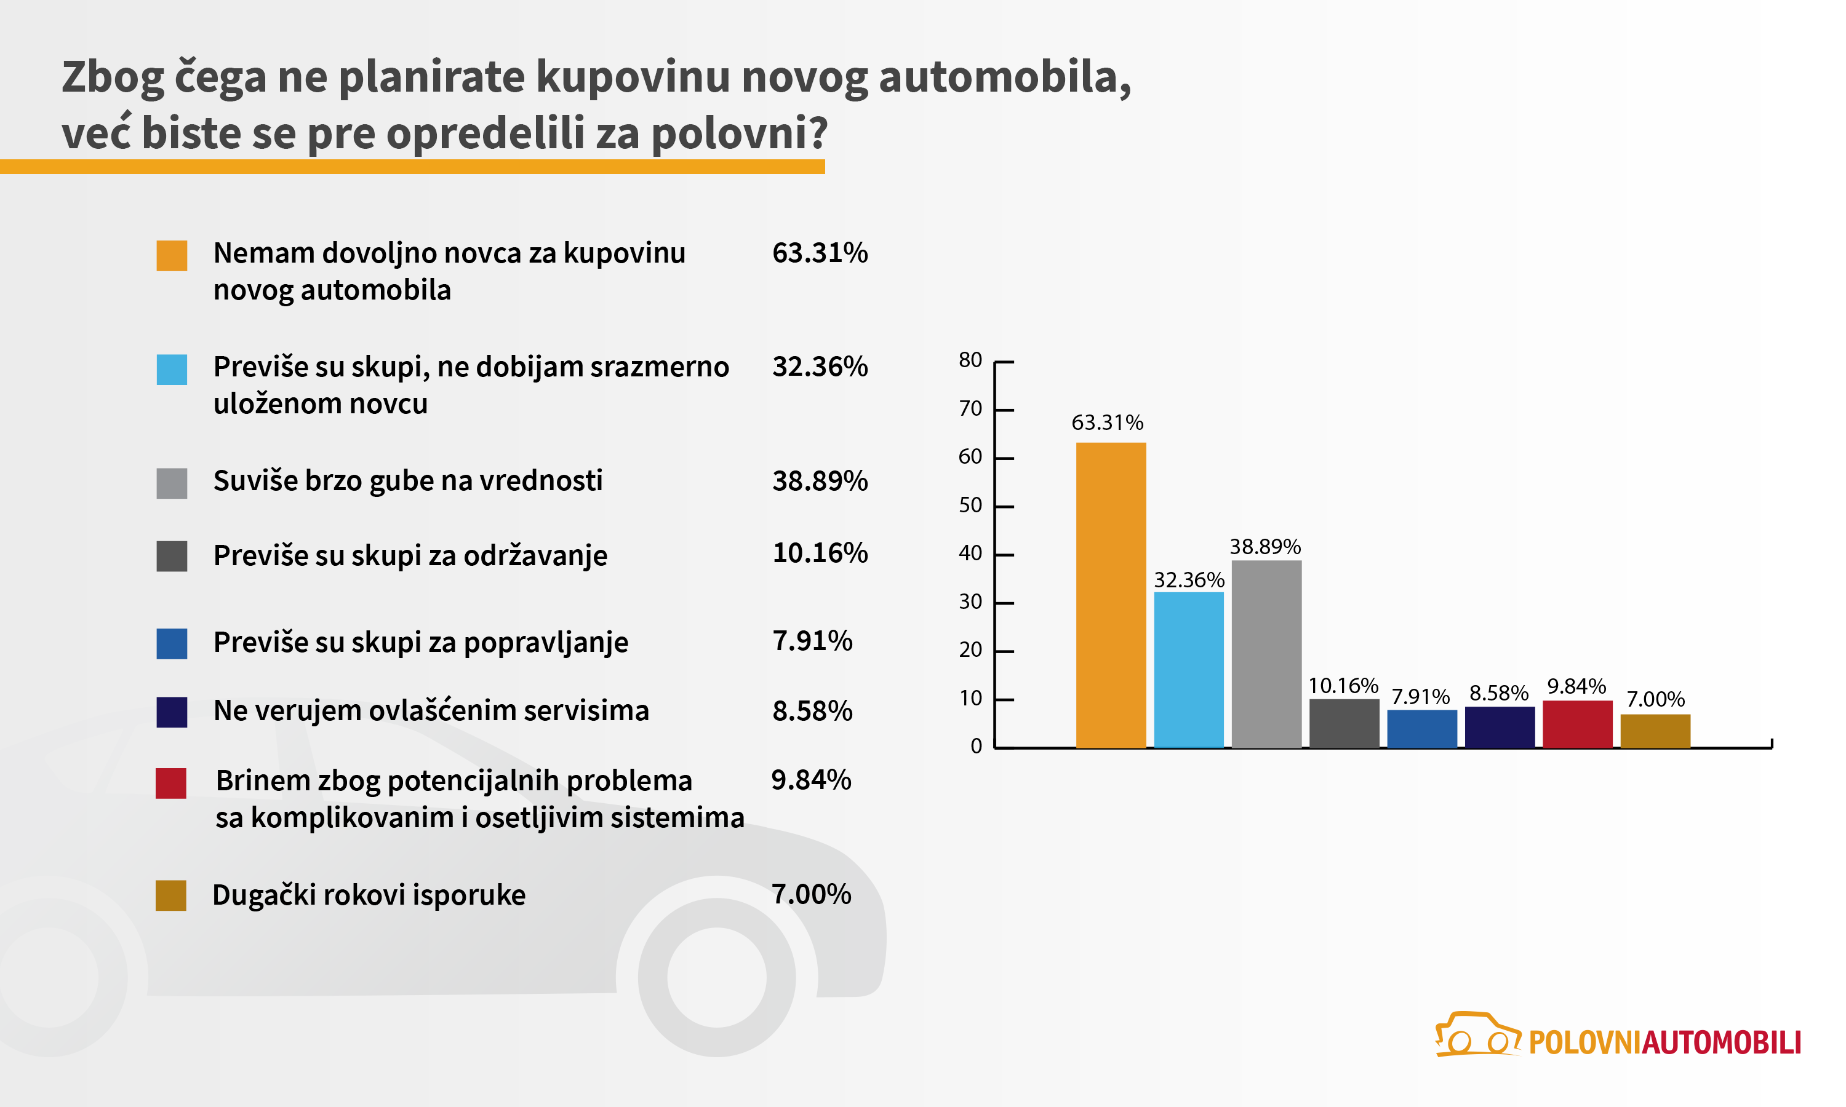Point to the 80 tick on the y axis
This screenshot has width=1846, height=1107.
970,360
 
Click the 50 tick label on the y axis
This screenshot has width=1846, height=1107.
970,505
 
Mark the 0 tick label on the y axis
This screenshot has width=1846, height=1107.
976,746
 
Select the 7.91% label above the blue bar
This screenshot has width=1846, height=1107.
1421,697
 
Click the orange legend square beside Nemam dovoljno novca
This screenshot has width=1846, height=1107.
172,255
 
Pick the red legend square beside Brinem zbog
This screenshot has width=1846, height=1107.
171,784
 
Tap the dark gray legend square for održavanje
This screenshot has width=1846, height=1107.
172,556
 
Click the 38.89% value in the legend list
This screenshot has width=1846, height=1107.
819,481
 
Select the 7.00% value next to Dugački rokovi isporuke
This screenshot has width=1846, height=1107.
811,894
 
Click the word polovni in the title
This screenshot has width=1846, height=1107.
738,133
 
